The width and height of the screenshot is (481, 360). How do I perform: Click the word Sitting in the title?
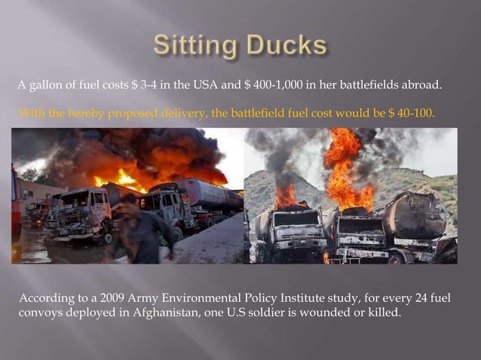(193, 46)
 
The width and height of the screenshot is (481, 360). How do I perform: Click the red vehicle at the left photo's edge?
(16, 203)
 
